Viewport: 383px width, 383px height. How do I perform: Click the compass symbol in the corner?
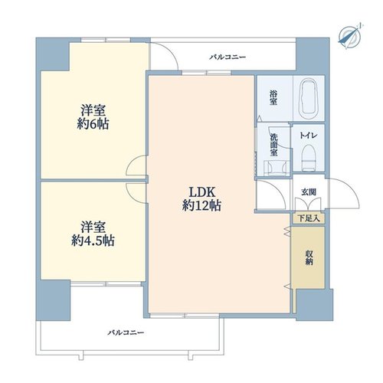pos(349,37)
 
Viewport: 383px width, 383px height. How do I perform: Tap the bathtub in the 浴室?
pos(309,100)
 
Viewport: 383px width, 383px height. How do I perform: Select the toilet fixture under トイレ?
pos(309,158)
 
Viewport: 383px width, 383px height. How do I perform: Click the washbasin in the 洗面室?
pos(277,168)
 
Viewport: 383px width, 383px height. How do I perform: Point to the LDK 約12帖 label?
pos(201,198)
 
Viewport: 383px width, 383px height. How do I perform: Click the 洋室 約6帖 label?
pos(93,117)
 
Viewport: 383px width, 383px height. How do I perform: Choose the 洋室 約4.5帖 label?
pos(93,234)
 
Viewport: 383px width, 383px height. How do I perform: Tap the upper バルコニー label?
pos(228,57)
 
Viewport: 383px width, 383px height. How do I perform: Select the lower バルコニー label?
pos(126,332)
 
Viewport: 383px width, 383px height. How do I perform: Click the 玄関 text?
pos(309,192)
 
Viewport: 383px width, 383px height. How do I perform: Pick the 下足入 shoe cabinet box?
pos(309,218)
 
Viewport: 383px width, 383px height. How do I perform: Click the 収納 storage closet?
pos(309,257)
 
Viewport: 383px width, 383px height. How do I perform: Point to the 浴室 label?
pos(273,97)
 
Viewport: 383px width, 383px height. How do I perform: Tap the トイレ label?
pos(309,136)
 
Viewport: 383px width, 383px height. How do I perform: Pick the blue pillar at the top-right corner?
pos(313,56)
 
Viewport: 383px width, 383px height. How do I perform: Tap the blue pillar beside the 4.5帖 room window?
pos(53,300)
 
